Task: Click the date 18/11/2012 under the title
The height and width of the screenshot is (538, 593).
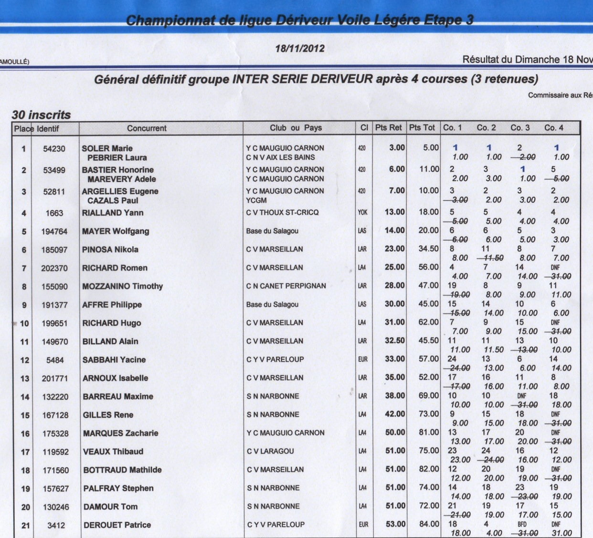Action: pos(300,48)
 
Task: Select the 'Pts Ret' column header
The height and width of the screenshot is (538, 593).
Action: pos(388,128)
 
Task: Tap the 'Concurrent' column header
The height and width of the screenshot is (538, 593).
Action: pos(147,128)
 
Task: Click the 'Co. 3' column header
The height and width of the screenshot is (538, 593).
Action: pos(520,128)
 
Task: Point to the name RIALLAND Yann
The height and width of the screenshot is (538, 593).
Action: pos(113,213)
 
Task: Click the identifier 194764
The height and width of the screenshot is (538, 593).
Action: pos(54,231)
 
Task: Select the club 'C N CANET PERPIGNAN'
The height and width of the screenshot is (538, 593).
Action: pos(286,286)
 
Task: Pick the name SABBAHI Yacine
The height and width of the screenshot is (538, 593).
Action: pos(114,360)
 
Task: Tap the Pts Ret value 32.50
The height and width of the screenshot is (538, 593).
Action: pos(395,341)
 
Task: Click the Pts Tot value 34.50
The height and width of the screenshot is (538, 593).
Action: pos(428,249)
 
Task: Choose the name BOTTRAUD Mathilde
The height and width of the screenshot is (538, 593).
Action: pos(122,470)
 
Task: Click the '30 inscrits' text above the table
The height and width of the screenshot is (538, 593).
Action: pos(41,115)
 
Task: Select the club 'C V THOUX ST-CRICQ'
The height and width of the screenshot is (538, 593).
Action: pos(282,212)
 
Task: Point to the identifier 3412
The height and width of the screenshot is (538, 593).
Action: pos(56,525)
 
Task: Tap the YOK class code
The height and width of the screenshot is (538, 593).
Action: pos(363,212)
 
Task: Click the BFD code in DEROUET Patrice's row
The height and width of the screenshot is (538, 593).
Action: pos(522,524)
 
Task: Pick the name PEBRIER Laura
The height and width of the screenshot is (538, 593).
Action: pos(117,157)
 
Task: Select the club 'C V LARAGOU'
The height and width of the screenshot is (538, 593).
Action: pos(270,451)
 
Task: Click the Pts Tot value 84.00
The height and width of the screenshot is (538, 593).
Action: pos(429,524)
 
